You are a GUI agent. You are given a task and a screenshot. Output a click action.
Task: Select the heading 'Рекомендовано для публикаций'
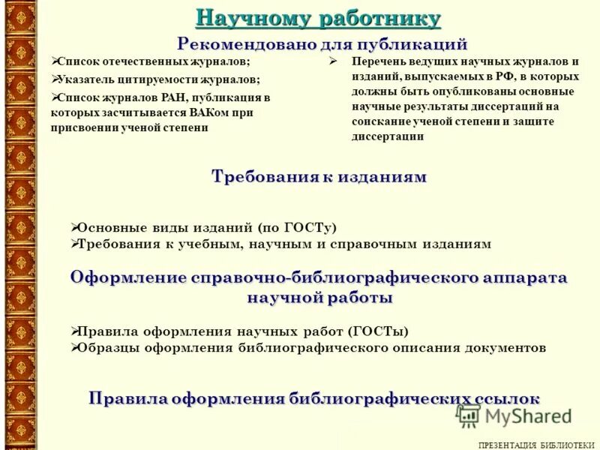(322, 44)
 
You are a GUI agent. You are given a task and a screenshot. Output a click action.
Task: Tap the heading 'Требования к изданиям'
(319, 177)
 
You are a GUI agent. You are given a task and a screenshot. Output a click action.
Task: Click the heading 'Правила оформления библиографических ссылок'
(314, 397)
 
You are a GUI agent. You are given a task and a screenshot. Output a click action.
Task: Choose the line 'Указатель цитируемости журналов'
(158, 79)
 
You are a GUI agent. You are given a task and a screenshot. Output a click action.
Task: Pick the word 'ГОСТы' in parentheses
(381, 331)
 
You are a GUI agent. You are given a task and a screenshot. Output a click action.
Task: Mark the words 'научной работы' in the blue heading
(319, 298)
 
